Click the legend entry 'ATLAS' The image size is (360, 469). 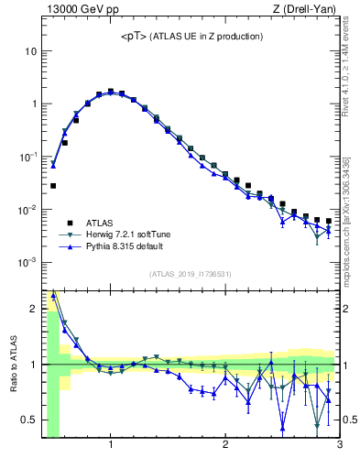100,222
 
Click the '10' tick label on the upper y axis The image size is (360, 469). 30,51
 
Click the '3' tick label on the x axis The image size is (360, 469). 339,446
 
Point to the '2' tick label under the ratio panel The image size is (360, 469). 224,446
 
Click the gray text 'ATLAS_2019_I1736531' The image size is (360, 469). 191,274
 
